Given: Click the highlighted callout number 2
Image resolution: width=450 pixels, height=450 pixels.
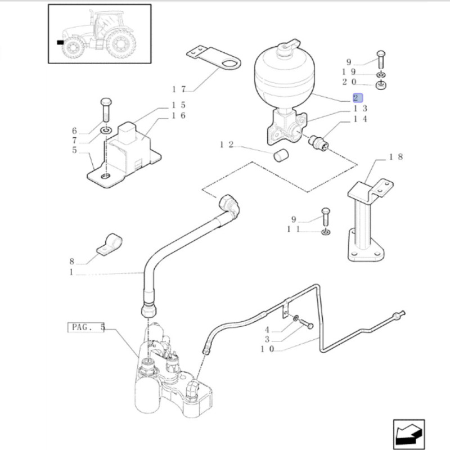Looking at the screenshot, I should click(358, 98).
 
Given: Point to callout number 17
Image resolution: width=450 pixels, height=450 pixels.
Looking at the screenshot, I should click(179, 89).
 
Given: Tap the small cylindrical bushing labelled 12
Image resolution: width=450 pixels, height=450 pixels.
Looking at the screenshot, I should click(281, 155).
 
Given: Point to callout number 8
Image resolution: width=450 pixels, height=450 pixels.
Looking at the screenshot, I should click(72, 262).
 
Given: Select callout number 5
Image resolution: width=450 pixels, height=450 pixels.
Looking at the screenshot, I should click(74, 150).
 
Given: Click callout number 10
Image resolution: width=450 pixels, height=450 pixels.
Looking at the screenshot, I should click(267, 349).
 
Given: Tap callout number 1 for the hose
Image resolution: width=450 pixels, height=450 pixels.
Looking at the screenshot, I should click(71, 273).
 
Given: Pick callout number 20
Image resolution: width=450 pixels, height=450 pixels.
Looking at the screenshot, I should click(348, 82).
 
